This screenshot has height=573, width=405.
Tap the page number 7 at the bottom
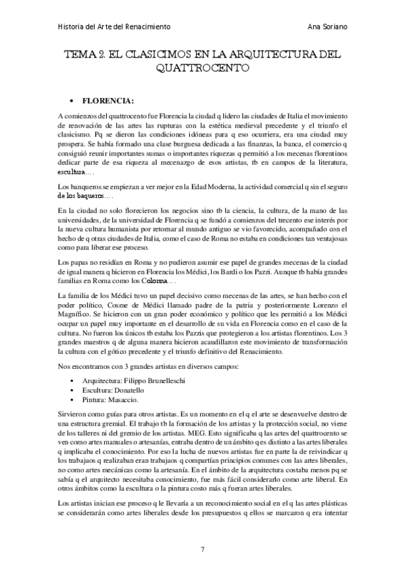[202, 548]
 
